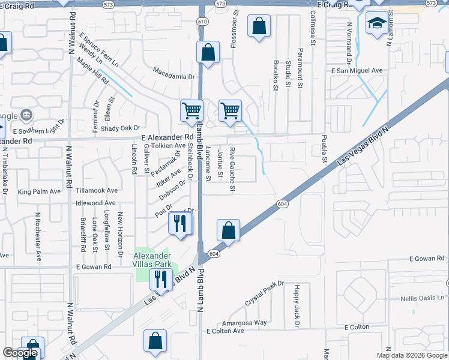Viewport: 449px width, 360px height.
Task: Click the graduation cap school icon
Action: tap(377, 24)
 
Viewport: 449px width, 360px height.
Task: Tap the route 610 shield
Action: tap(202, 22)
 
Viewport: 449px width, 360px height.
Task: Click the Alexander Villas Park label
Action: tap(152, 260)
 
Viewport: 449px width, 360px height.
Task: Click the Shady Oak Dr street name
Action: tap(120, 128)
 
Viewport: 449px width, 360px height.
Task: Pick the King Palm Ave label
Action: tap(40, 191)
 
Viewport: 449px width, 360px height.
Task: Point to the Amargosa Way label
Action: tap(244, 322)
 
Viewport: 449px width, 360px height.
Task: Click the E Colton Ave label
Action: tap(225, 331)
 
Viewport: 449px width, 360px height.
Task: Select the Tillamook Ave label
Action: tap(97, 190)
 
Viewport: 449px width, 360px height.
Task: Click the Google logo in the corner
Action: tap(20, 353)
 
